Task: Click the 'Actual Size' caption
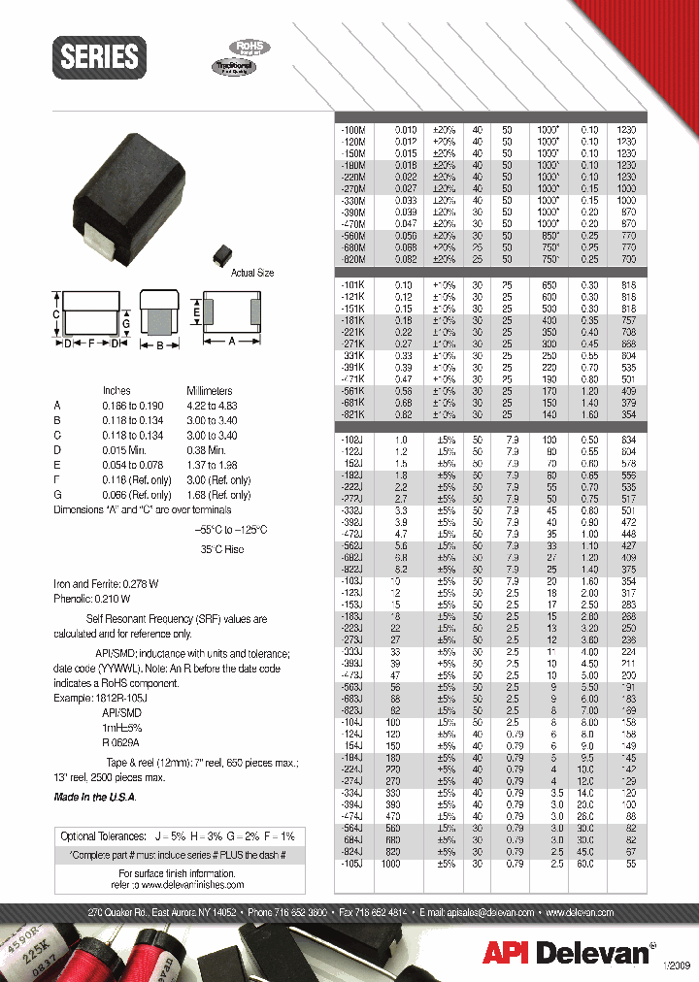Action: point(252,273)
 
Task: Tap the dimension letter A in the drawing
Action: point(233,341)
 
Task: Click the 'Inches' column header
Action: point(116,390)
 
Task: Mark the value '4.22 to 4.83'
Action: point(210,404)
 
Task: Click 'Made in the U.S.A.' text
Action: point(95,797)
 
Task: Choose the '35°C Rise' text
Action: point(223,549)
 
